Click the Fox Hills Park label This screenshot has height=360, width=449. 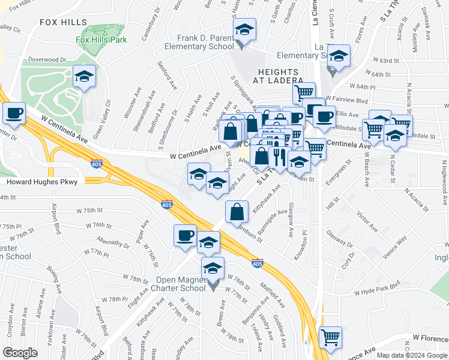101,40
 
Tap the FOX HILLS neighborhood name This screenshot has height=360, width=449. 64,22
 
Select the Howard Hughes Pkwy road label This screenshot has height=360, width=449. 42,182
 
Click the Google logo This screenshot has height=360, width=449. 20,353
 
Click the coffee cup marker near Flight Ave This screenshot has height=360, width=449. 185,235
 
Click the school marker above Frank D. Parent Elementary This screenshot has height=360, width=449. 244,29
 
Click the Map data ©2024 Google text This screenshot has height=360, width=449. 412,355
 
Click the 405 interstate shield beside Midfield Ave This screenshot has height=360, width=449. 257,263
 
